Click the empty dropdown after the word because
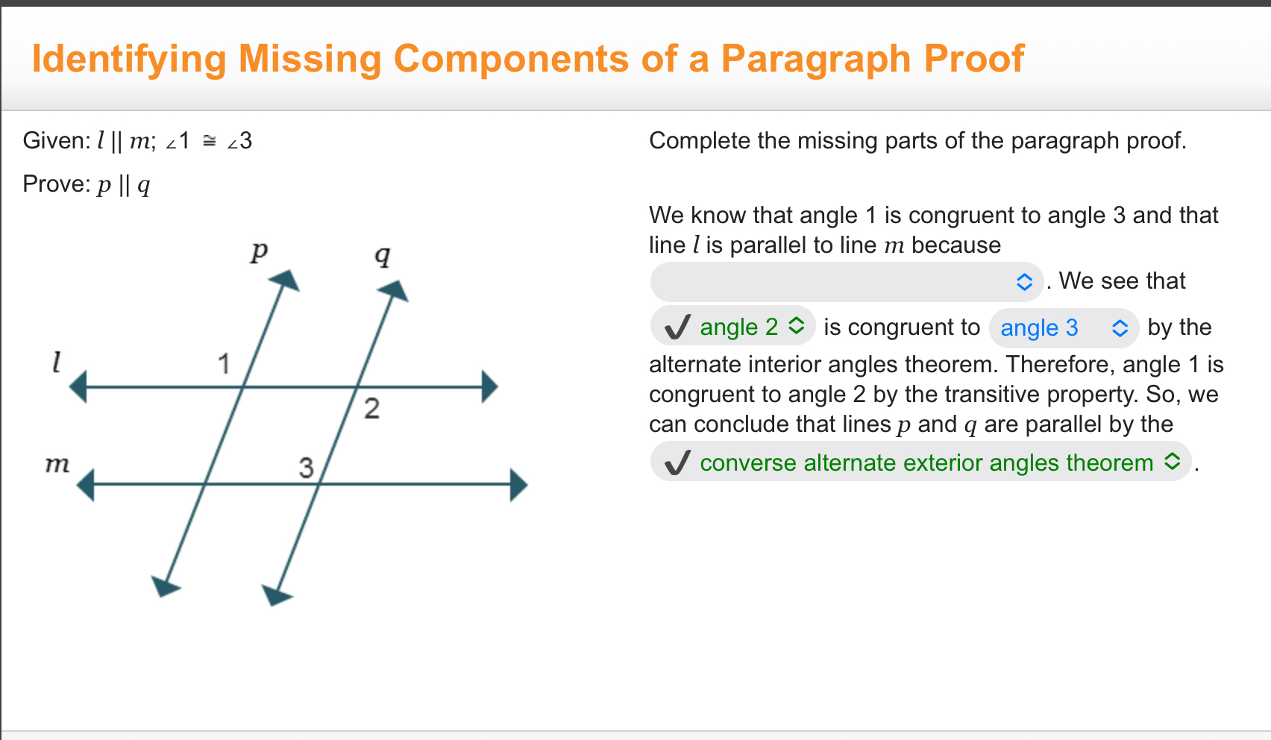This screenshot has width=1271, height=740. pyautogui.click(x=846, y=282)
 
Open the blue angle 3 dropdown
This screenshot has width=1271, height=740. pyautogui.click(x=1062, y=328)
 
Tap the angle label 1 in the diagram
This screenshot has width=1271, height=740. pyautogui.click(x=224, y=364)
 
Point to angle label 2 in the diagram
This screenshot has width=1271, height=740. pyautogui.click(x=371, y=409)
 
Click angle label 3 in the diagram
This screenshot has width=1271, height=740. pyautogui.click(x=306, y=468)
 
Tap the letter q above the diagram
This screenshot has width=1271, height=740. pyautogui.click(x=382, y=256)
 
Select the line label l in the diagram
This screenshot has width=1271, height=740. pyautogui.click(x=56, y=363)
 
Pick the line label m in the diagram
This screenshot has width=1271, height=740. pyautogui.click(x=57, y=464)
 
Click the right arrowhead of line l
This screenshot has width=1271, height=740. pyautogui.click(x=489, y=387)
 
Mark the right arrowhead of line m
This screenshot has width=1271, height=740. pyautogui.click(x=519, y=485)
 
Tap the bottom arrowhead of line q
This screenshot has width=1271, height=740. pyautogui.click(x=277, y=595)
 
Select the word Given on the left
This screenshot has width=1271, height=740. pyautogui.click(x=54, y=140)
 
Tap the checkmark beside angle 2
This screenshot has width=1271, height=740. pyautogui.click(x=677, y=327)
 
